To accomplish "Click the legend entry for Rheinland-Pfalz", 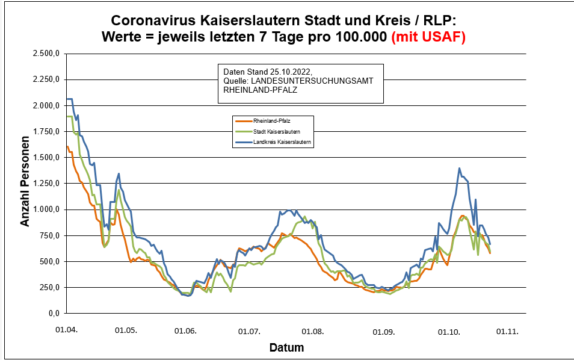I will (264, 120).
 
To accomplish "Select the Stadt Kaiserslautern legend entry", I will (268, 131).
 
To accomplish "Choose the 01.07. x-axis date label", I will (249, 331).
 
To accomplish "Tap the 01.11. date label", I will (507, 331).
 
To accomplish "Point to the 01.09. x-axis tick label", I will (383, 331).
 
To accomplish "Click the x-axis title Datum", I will (286, 347).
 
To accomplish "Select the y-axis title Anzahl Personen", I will (25, 184).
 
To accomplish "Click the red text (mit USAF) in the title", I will (428, 36).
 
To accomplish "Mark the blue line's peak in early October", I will (460, 169).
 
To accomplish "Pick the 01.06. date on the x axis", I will (185, 331).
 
